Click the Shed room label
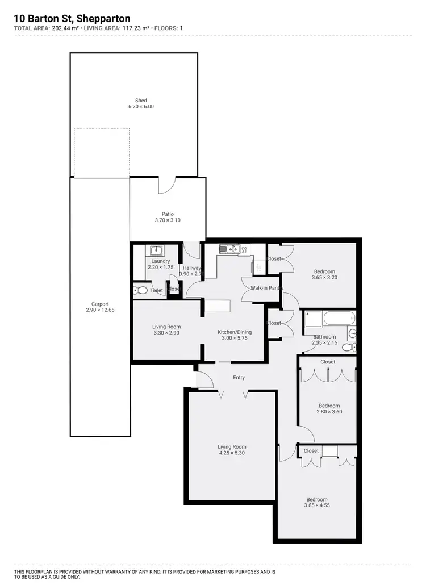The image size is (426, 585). tap(141, 101)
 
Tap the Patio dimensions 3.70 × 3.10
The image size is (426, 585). tap(168, 220)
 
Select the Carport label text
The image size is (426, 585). tap(99, 303)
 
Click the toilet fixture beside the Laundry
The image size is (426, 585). tap(141, 290)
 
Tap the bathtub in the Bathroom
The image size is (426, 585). tap(339, 319)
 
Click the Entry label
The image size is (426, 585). tap(239, 377)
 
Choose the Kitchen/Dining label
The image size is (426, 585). tap(235, 332)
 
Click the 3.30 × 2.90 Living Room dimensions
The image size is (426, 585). tap(166, 333)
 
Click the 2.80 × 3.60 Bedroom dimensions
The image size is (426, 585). tap(329, 412)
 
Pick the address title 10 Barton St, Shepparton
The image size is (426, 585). tap(72, 19)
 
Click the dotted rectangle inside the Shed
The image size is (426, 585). tap(102, 152)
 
